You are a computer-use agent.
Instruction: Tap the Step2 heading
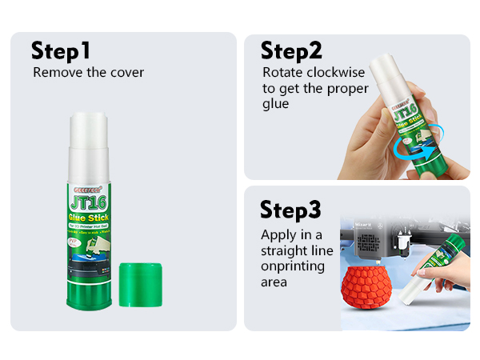pos(291,51)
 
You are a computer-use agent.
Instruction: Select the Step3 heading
pos(292,210)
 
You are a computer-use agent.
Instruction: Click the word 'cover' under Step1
pos(126,72)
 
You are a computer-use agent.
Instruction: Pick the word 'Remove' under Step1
pos(53,72)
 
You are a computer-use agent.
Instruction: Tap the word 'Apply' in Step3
pos(277,235)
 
